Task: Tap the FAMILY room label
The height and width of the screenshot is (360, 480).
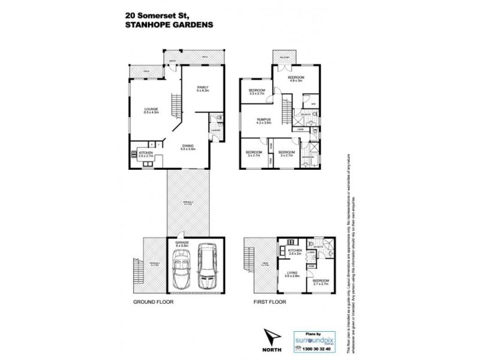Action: (x=202, y=89)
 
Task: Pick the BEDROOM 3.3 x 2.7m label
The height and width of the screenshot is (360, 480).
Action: (x=257, y=92)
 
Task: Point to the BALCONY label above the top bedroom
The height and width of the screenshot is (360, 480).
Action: (x=283, y=57)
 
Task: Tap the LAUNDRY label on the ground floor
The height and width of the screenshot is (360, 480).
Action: (x=215, y=130)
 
